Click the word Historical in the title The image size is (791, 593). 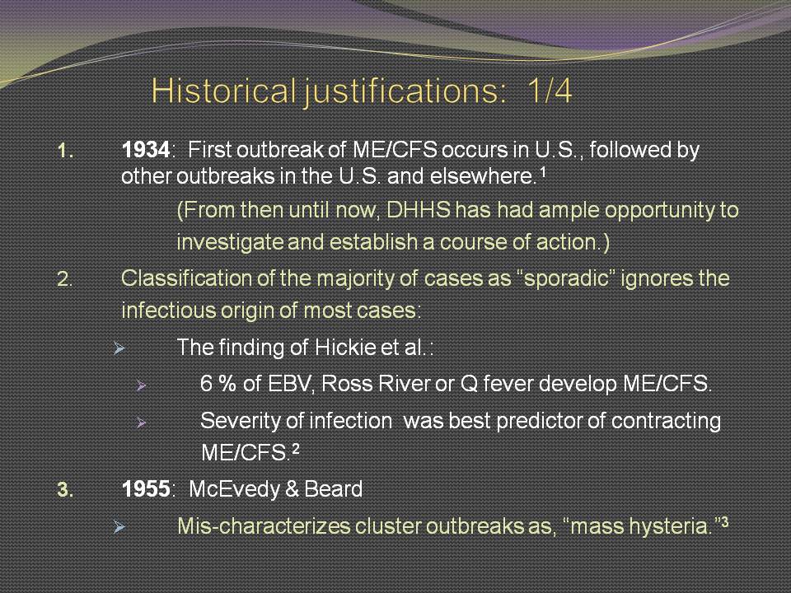pos(223,91)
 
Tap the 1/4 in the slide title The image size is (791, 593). pos(550,91)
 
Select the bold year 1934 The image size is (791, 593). pos(146,150)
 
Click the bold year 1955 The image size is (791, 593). pos(146,489)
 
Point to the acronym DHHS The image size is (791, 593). pos(419,210)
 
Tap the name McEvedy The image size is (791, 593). pos(230,489)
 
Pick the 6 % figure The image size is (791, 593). pos(218,384)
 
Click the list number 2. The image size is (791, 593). pos(64,279)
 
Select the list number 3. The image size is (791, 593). pos(64,489)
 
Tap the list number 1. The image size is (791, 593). pos(65,150)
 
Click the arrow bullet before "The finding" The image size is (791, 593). pos(119,348)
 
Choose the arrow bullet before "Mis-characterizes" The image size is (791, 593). pos(119,527)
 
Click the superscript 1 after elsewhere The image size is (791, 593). pos(543,172)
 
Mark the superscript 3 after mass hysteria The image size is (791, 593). pos(725,522)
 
